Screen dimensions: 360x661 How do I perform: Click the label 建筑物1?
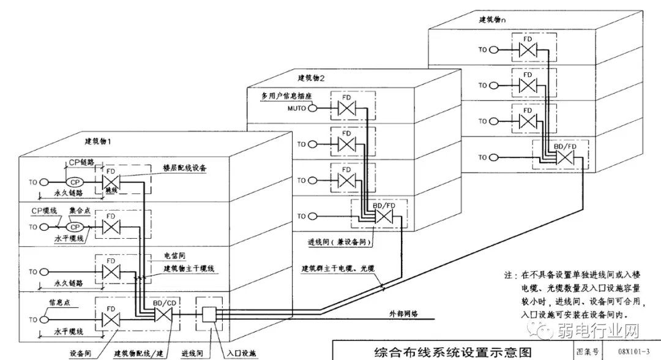point(98,141)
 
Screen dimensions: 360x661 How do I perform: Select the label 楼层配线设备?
point(184,168)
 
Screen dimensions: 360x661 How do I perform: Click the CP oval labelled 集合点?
point(74,227)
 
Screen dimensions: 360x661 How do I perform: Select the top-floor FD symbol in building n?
point(527,50)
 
